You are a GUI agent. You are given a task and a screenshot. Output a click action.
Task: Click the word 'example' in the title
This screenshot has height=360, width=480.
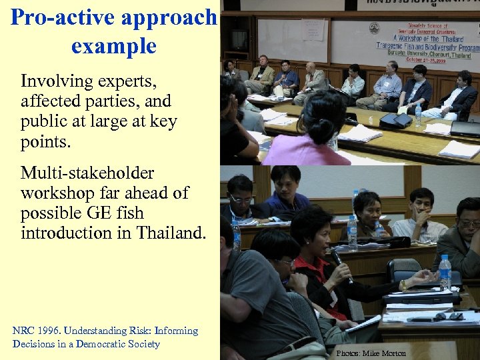click(x=113, y=47)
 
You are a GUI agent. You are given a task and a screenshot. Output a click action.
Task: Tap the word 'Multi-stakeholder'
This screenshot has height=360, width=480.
click(x=87, y=173)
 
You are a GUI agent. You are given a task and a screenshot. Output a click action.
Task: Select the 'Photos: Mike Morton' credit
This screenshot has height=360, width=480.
click(x=371, y=353)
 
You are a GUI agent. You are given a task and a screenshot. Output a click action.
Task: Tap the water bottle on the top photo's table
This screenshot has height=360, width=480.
click(x=418, y=115)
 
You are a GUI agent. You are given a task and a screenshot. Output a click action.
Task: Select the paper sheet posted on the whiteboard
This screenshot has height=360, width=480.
click(x=313, y=29)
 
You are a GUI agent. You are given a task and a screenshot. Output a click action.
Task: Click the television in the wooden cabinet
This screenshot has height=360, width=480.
click(x=239, y=39)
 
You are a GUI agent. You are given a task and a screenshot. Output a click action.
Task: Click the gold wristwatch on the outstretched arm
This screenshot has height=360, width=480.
click(x=403, y=284)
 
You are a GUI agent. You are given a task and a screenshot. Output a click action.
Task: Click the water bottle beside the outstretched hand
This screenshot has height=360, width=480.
click(x=445, y=272)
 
